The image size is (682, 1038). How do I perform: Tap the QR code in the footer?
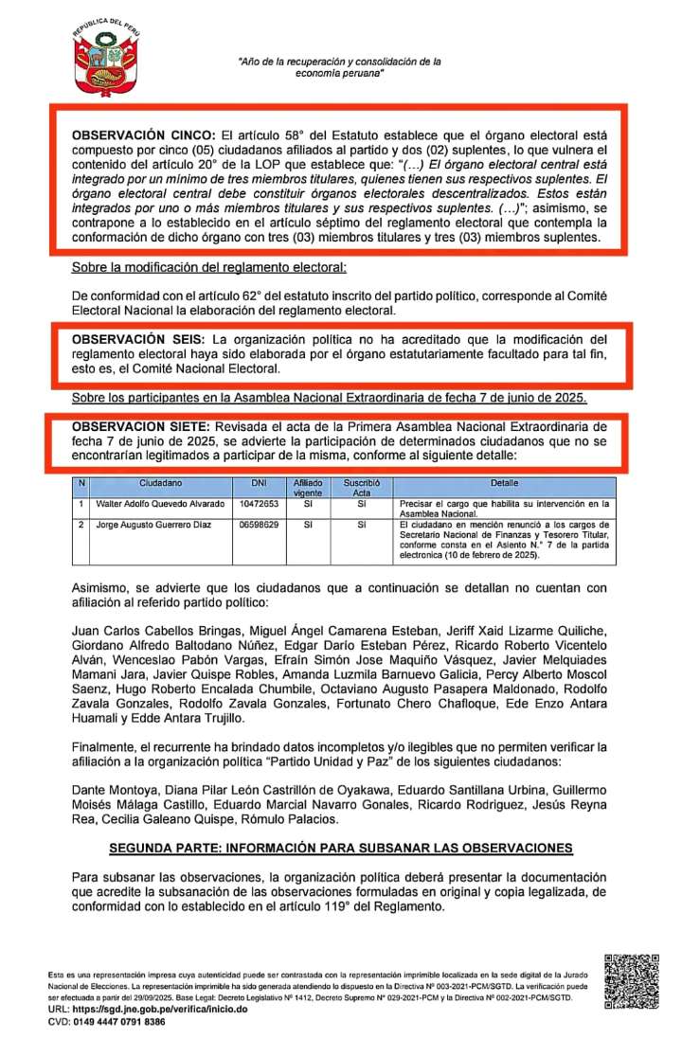click(632, 980)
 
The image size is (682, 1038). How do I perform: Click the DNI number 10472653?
click(259, 505)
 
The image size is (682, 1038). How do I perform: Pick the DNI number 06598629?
click(259, 525)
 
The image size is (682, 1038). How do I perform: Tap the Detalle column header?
click(504, 484)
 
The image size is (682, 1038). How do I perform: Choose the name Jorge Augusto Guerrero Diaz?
click(151, 525)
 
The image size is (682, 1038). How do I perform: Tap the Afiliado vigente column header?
click(309, 488)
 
